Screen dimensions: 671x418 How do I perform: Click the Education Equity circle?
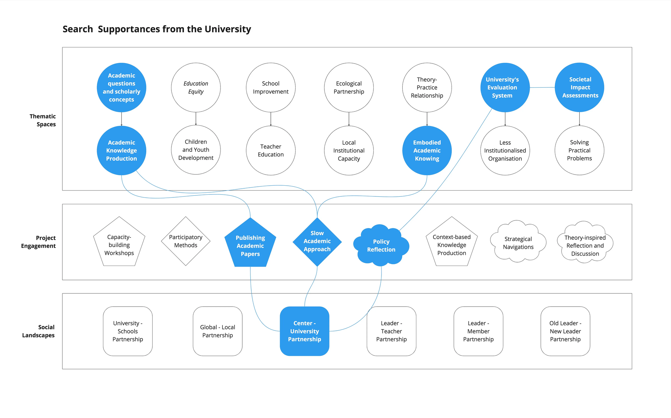(196, 87)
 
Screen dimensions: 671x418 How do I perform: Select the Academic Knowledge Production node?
(121, 150)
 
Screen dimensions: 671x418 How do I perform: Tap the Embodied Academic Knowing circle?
(427, 150)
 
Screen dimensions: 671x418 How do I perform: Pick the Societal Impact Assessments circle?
(579, 87)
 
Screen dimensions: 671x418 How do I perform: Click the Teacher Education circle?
(271, 150)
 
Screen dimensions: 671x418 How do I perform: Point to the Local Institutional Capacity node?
(349, 150)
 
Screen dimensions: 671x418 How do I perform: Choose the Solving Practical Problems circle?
(579, 150)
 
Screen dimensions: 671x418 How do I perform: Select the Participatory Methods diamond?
(186, 241)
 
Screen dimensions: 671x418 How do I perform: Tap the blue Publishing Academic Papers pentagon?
(250, 243)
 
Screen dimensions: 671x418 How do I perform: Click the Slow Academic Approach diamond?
(317, 242)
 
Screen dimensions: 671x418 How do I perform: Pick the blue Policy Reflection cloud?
(381, 245)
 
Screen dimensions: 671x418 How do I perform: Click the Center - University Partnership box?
(305, 331)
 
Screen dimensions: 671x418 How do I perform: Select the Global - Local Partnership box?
(217, 331)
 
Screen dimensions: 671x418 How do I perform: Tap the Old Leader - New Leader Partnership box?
(565, 331)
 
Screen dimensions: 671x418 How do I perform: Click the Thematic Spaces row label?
(43, 120)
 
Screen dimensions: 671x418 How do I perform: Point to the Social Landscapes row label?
(39, 331)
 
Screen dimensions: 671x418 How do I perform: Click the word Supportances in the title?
(129, 29)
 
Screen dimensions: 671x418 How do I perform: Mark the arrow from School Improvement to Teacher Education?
(271, 119)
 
